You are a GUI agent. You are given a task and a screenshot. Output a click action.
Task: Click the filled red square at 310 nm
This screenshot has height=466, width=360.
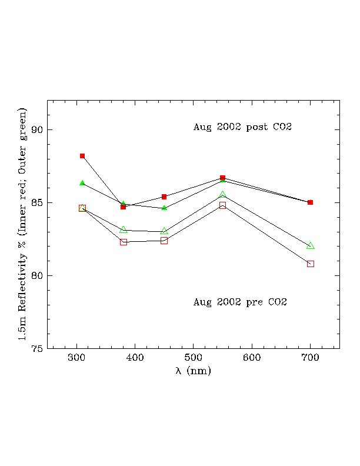click(82, 156)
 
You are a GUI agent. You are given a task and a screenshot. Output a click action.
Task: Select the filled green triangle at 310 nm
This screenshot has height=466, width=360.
click(82, 183)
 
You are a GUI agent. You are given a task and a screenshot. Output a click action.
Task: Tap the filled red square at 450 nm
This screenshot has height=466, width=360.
click(164, 197)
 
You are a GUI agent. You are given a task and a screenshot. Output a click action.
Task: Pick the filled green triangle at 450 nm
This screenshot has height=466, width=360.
click(164, 208)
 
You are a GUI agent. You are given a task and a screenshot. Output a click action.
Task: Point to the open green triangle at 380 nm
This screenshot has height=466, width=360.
click(124, 229)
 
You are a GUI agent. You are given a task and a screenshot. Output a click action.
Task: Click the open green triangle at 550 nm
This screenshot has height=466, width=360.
click(223, 194)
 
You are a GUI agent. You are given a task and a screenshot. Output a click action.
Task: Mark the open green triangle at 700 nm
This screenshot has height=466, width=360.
click(311, 245)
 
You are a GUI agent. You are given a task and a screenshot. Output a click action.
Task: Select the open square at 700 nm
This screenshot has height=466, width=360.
click(311, 264)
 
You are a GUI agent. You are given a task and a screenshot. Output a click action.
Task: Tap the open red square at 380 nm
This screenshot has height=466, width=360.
click(124, 242)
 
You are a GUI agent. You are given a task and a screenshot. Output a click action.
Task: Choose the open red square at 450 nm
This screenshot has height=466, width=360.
click(164, 241)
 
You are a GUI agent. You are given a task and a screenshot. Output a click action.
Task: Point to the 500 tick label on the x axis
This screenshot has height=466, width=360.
click(194, 358)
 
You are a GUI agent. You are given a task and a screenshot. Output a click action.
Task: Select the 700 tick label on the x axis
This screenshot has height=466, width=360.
click(311, 358)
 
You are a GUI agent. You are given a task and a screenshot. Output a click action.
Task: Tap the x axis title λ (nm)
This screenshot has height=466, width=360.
click(194, 371)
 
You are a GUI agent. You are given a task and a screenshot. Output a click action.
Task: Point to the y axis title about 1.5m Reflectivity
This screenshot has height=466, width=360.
click(22, 224)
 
